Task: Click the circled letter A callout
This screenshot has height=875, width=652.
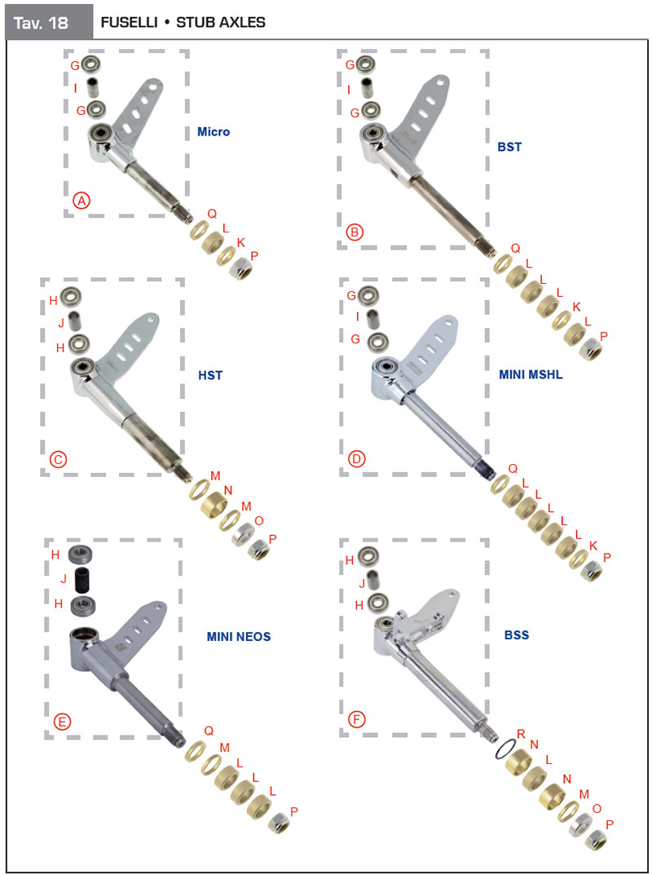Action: tap(81, 201)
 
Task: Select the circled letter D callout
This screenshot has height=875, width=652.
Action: tap(356, 459)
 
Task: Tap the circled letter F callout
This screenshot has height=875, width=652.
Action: tap(356, 720)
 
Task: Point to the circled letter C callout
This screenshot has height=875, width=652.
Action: tap(58, 459)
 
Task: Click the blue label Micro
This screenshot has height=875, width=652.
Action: tap(213, 132)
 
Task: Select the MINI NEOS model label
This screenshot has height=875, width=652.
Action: tap(238, 636)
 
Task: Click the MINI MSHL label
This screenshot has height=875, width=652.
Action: tap(531, 375)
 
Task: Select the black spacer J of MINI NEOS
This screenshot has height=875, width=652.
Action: tap(83, 580)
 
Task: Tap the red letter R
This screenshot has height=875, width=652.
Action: tap(521, 734)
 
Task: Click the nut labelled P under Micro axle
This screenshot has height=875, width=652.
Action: tap(241, 271)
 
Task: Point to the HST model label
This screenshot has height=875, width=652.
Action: tap(210, 375)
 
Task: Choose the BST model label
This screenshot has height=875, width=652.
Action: tap(509, 148)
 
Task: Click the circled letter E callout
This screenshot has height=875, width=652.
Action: tap(62, 722)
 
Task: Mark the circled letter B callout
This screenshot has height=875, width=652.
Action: tap(355, 232)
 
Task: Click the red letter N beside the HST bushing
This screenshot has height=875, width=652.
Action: tap(227, 491)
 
